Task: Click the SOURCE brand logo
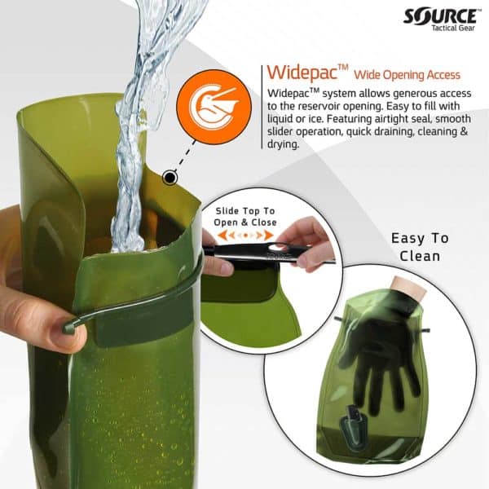click(x=441, y=15)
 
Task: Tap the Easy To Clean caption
click(x=419, y=247)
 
